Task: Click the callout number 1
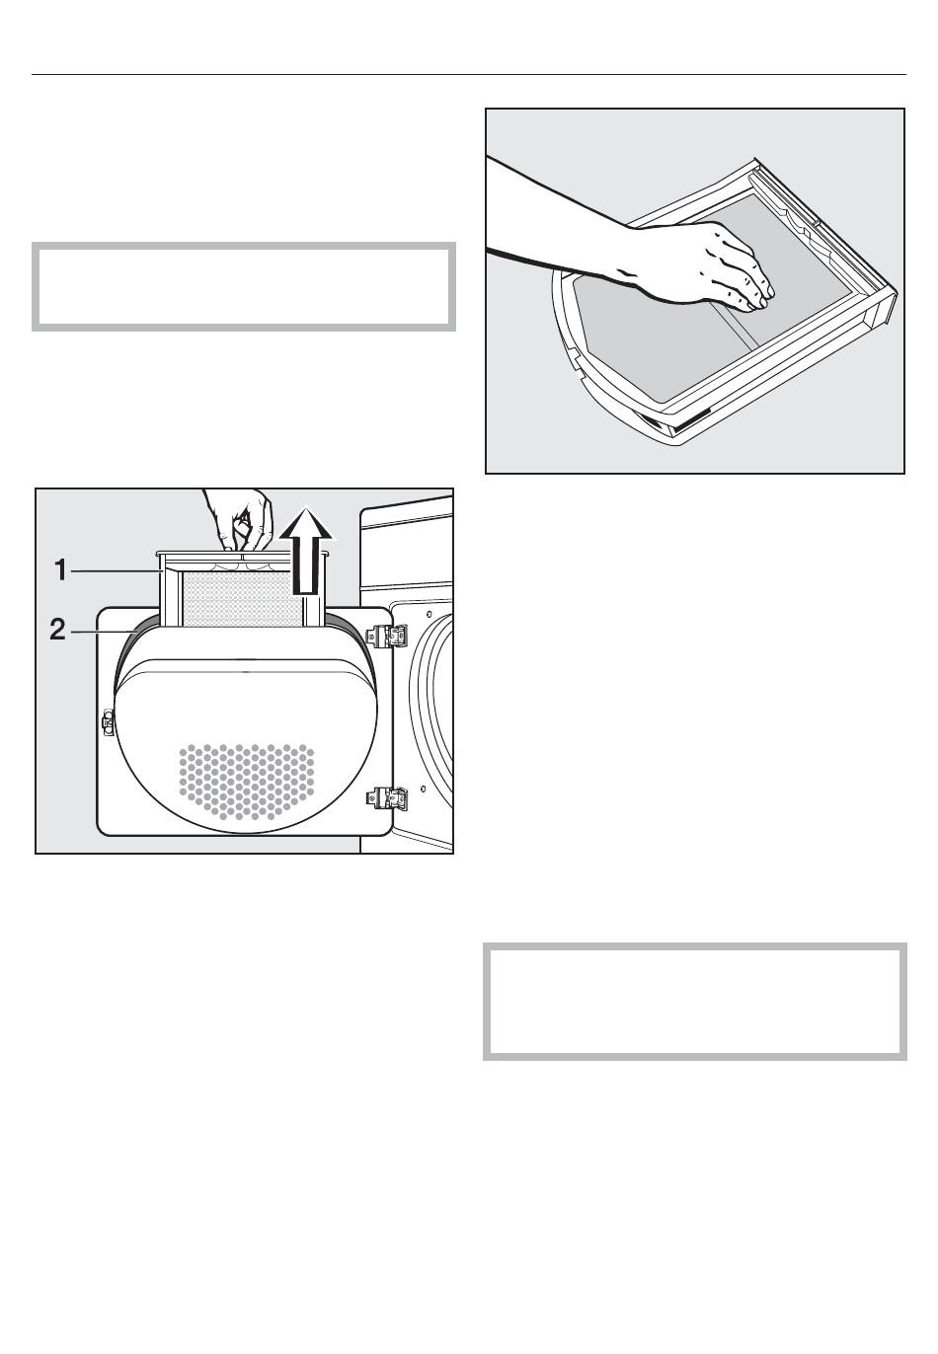pyautogui.click(x=60, y=569)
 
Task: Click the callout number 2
pyautogui.click(x=57, y=631)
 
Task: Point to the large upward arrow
pyautogui.click(x=305, y=551)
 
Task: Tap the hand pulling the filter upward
pyautogui.click(x=240, y=519)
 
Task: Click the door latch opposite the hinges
pyautogui.click(x=109, y=722)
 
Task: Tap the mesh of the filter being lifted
pyautogui.click(x=242, y=598)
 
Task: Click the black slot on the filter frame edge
pyautogui.click(x=689, y=420)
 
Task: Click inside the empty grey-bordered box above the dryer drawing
pyautogui.click(x=244, y=287)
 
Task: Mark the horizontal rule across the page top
pyautogui.click(x=469, y=75)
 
